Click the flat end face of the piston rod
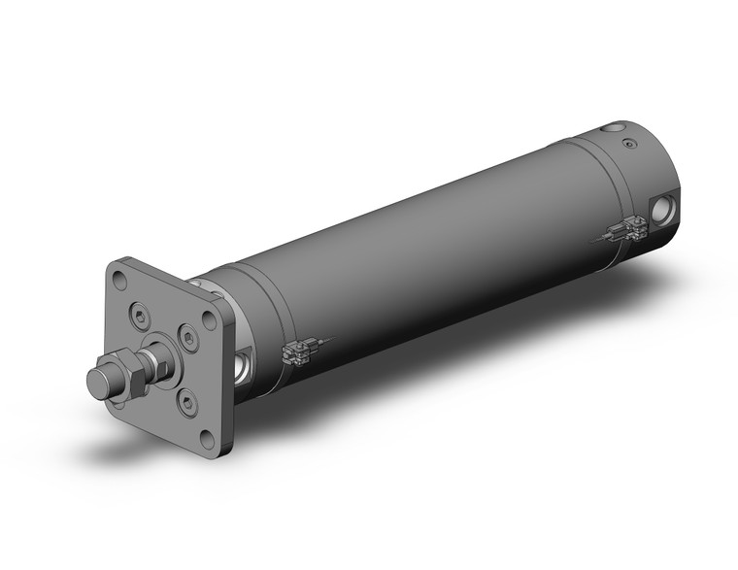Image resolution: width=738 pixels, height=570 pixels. (x=97, y=381)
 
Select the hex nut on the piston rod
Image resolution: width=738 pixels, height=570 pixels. (x=127, y=374)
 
